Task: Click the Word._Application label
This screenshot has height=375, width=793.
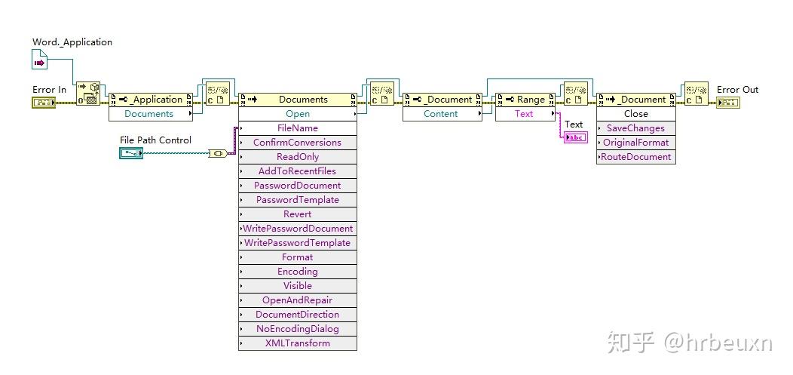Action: (x=72, y=42)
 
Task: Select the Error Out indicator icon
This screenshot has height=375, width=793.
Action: (x=727, y=103)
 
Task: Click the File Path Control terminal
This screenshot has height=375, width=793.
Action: (x=131, y=153)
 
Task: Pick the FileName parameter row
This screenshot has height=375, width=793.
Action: (x=297, y=128)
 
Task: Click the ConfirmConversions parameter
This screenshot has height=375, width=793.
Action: (x=297, y=143)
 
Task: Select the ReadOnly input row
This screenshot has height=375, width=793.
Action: (x=297, y=157)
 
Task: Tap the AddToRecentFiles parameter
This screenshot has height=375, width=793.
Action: (x=297, y=171)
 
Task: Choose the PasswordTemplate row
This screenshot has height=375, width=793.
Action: (x=297, y=200)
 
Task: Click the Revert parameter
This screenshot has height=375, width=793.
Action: (x=297, y=214)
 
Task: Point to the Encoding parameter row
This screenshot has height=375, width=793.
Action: (x=297, y=272)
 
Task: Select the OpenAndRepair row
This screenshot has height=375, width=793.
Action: (x=297, y=300)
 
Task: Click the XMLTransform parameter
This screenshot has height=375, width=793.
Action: (x=297, y=343)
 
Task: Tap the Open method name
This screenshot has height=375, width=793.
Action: (x=297, y=114)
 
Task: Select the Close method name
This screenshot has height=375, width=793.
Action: (x=635, y=114)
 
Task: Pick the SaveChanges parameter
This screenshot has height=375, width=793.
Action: (x=635, y=128)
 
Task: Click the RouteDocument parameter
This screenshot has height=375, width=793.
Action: (x=635, y=157)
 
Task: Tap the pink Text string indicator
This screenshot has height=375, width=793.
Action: (x=576, y=137)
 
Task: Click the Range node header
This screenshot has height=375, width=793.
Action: (x=525, y=100)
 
